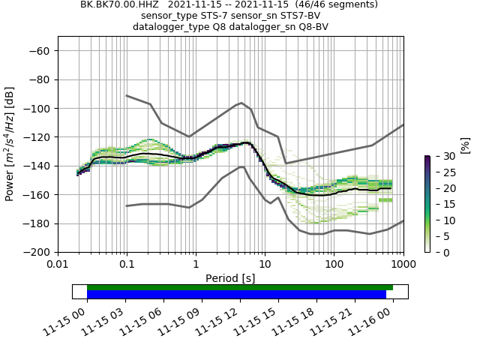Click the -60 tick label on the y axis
(x=40, y=51)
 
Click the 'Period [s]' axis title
(x=230, y=277)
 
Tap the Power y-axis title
(x=10, y=144)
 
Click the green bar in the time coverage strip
(x=240, y=287)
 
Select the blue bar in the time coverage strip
(x=236, y=295)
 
